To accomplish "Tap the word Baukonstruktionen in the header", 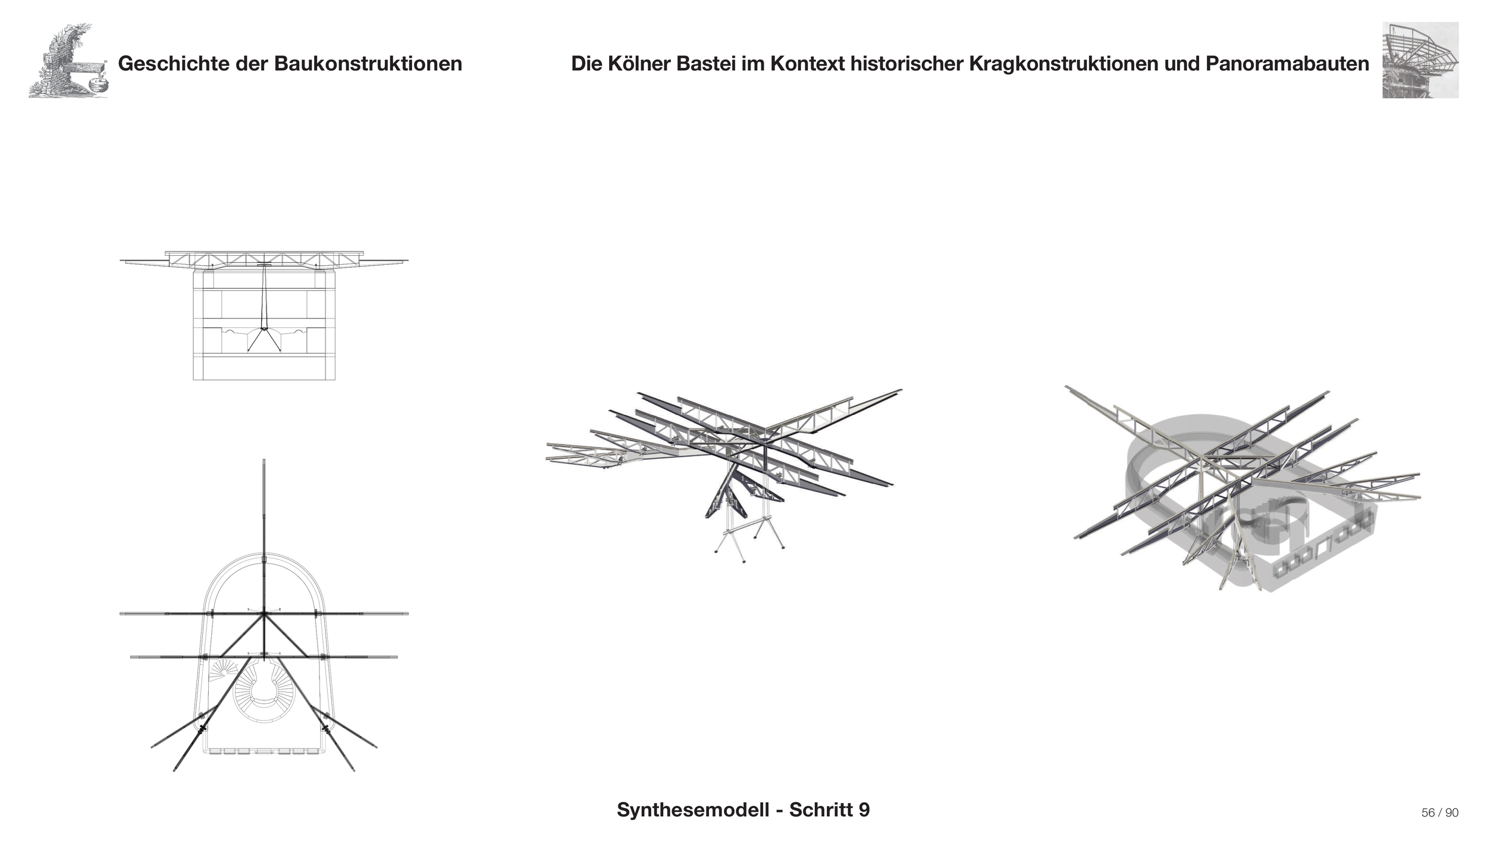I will point(368,64).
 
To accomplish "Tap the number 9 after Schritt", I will point(864,810).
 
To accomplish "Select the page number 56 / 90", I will point(1439,813).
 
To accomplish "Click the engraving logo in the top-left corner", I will point(68,61).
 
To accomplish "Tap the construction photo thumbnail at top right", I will point(1420,60).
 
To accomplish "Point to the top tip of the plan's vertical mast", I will point(263,461).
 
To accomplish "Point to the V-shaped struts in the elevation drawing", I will point(263,340).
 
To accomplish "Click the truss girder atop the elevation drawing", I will point(263,259).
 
